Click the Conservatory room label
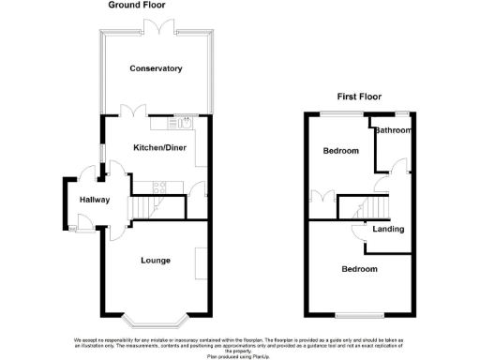click(156, 68)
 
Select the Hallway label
click(95, 200)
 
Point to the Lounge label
click(155, 260)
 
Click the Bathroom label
click(393, 130)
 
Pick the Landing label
click(388, 229)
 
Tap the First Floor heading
click(360, 97)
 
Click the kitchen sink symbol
click(184, 121)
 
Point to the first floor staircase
click(375, 205)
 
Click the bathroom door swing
click(399, 167)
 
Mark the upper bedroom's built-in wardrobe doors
click(322, 198)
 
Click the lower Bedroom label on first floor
click(359, 269)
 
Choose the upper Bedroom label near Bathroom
click(341, 151)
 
